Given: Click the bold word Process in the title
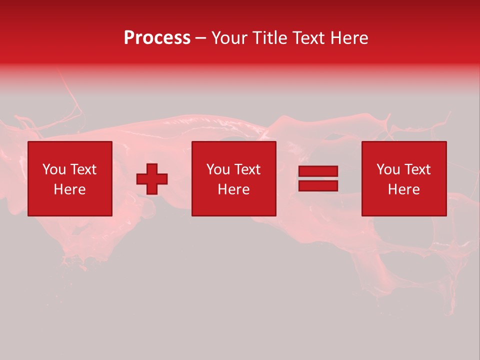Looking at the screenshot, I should (x=157, y=38).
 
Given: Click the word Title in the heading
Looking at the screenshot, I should (x=269, y=38).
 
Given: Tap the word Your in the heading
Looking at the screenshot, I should (x=230, y=38).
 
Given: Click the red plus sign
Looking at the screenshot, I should (x=152, y=179).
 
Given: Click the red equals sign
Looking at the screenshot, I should (x=318, y=178).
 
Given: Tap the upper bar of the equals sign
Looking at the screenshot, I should (x=318, y=171).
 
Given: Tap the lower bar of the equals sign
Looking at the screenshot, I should (x=318, y=185).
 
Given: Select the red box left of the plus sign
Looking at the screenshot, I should (x=70, y=178).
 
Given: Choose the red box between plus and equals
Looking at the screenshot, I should (x=234, y=178).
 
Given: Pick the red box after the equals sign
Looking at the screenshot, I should (x=404, y=178).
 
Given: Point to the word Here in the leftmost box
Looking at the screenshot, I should (x=70, y=189).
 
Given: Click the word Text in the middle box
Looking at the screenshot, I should (x=247, y=169).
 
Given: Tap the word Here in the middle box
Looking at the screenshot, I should (x=234, y=189).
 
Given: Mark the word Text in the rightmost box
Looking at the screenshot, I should (x=417, y=169).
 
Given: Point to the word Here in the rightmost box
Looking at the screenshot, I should (x=404, y=189).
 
